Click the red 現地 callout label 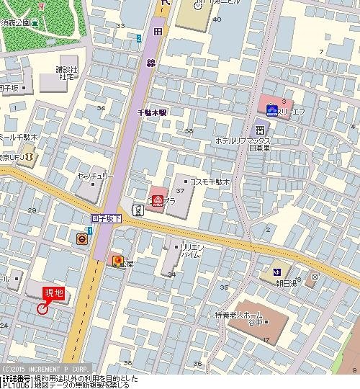click(x=54, y=292)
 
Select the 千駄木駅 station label click(x=153, y=112)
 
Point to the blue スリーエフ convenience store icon click(x=271, y=109)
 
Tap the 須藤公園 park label click(x=16, y=23)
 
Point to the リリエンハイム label click(x=190, y=251)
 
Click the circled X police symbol click(x=314, y=277)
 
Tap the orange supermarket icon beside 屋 click(x=117, y=261)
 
